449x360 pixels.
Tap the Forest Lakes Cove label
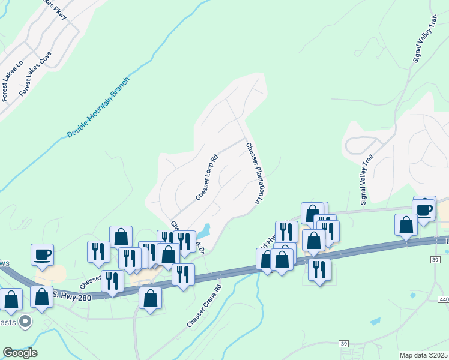click(x=35, y=73)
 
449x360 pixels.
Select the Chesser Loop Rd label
click(x=206, y=178)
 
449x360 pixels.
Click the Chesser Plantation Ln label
click(x=255, y=172)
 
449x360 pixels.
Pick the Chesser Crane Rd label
click(x=205, y=305)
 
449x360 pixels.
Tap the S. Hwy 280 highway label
click(x=71, y=294)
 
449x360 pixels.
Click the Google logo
click(x=20, y=352)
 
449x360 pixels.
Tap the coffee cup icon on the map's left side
click(x=43, y=255)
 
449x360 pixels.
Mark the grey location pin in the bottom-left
click(x=25, y=322)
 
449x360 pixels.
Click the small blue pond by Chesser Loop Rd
click(x=204, y=229)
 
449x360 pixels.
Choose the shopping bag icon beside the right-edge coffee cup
click(x=406, y=225)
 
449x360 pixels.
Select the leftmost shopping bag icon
click(x=11, y=299)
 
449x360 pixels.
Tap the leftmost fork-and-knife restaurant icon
click(x=98, y=252)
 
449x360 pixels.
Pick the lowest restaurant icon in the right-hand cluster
click(x=319, y=269)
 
